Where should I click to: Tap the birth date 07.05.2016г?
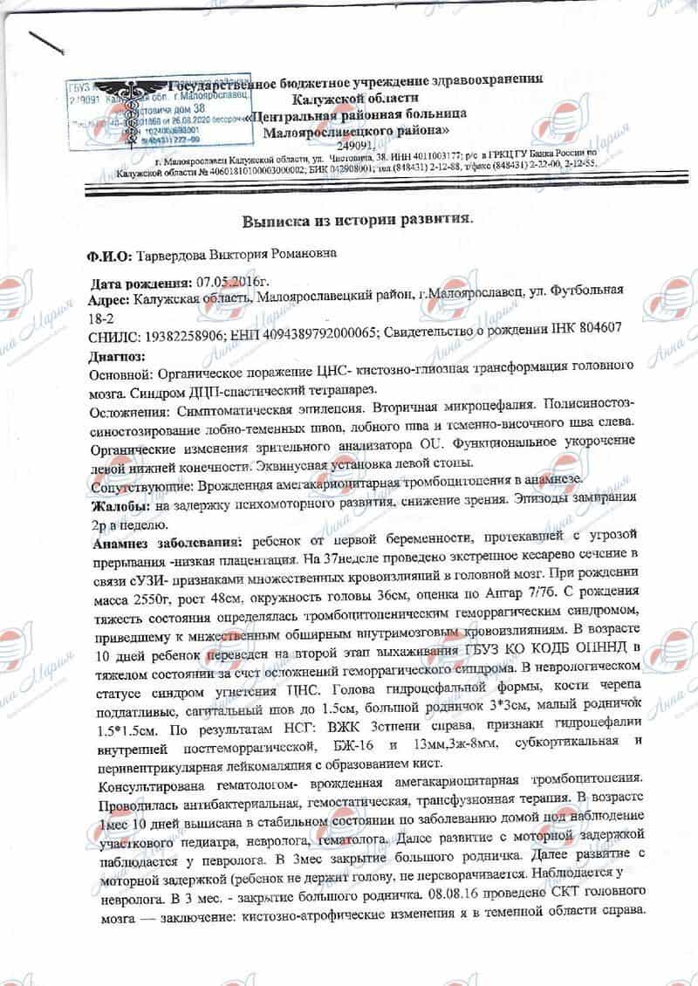click(x=228, y=284)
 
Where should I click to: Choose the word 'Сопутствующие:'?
click(x=142, y=483)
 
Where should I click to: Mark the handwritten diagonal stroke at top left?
click(x=51, y=45)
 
